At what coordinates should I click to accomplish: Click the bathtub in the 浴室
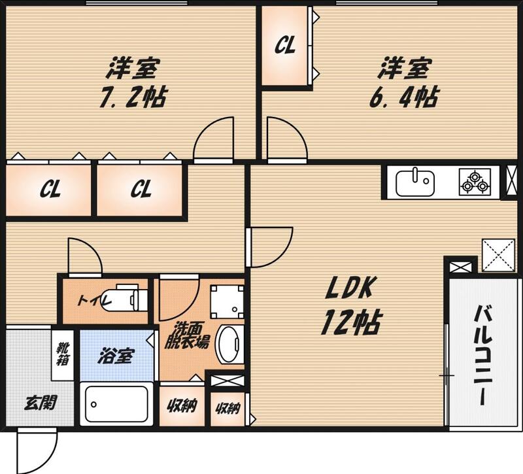tap(116, 404)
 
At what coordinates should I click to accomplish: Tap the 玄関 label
tap(41, 403)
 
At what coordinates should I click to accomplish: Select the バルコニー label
tap(483, 355)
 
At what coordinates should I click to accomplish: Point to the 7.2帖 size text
tap(133, 97)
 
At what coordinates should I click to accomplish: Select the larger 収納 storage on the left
tap(182, 405)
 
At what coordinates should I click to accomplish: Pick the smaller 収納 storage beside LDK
tap(228, 408)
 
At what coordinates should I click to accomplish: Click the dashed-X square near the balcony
tap(498, 256)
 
